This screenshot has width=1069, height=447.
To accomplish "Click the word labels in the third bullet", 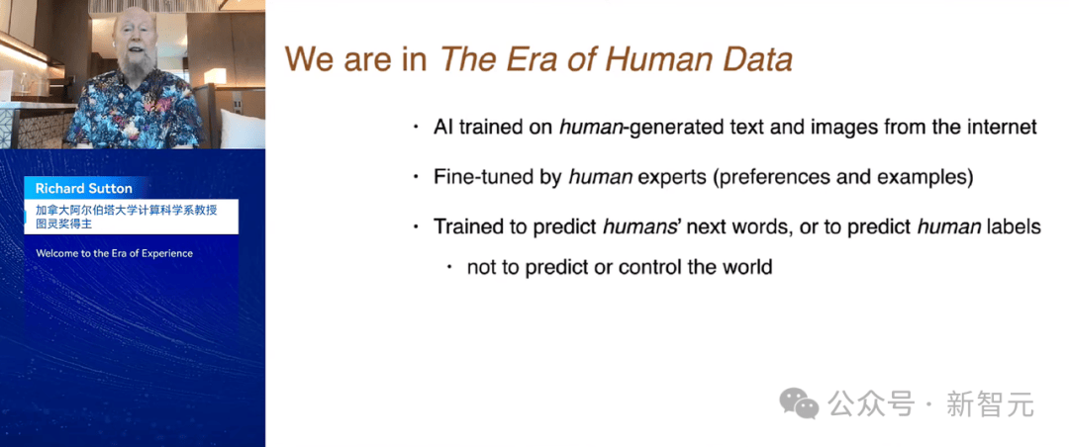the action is pos(1014,226).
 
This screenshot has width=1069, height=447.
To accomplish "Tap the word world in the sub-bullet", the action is pos(745,266).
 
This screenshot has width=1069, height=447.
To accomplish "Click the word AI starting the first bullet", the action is pos(443,128).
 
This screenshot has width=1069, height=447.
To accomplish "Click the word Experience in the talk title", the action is pos(166,253).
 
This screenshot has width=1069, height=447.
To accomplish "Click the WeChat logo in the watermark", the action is pos(799,403).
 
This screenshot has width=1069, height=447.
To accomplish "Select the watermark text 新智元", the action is pos(990,404).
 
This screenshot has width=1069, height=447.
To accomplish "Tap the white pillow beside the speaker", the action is pos(243,129).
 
